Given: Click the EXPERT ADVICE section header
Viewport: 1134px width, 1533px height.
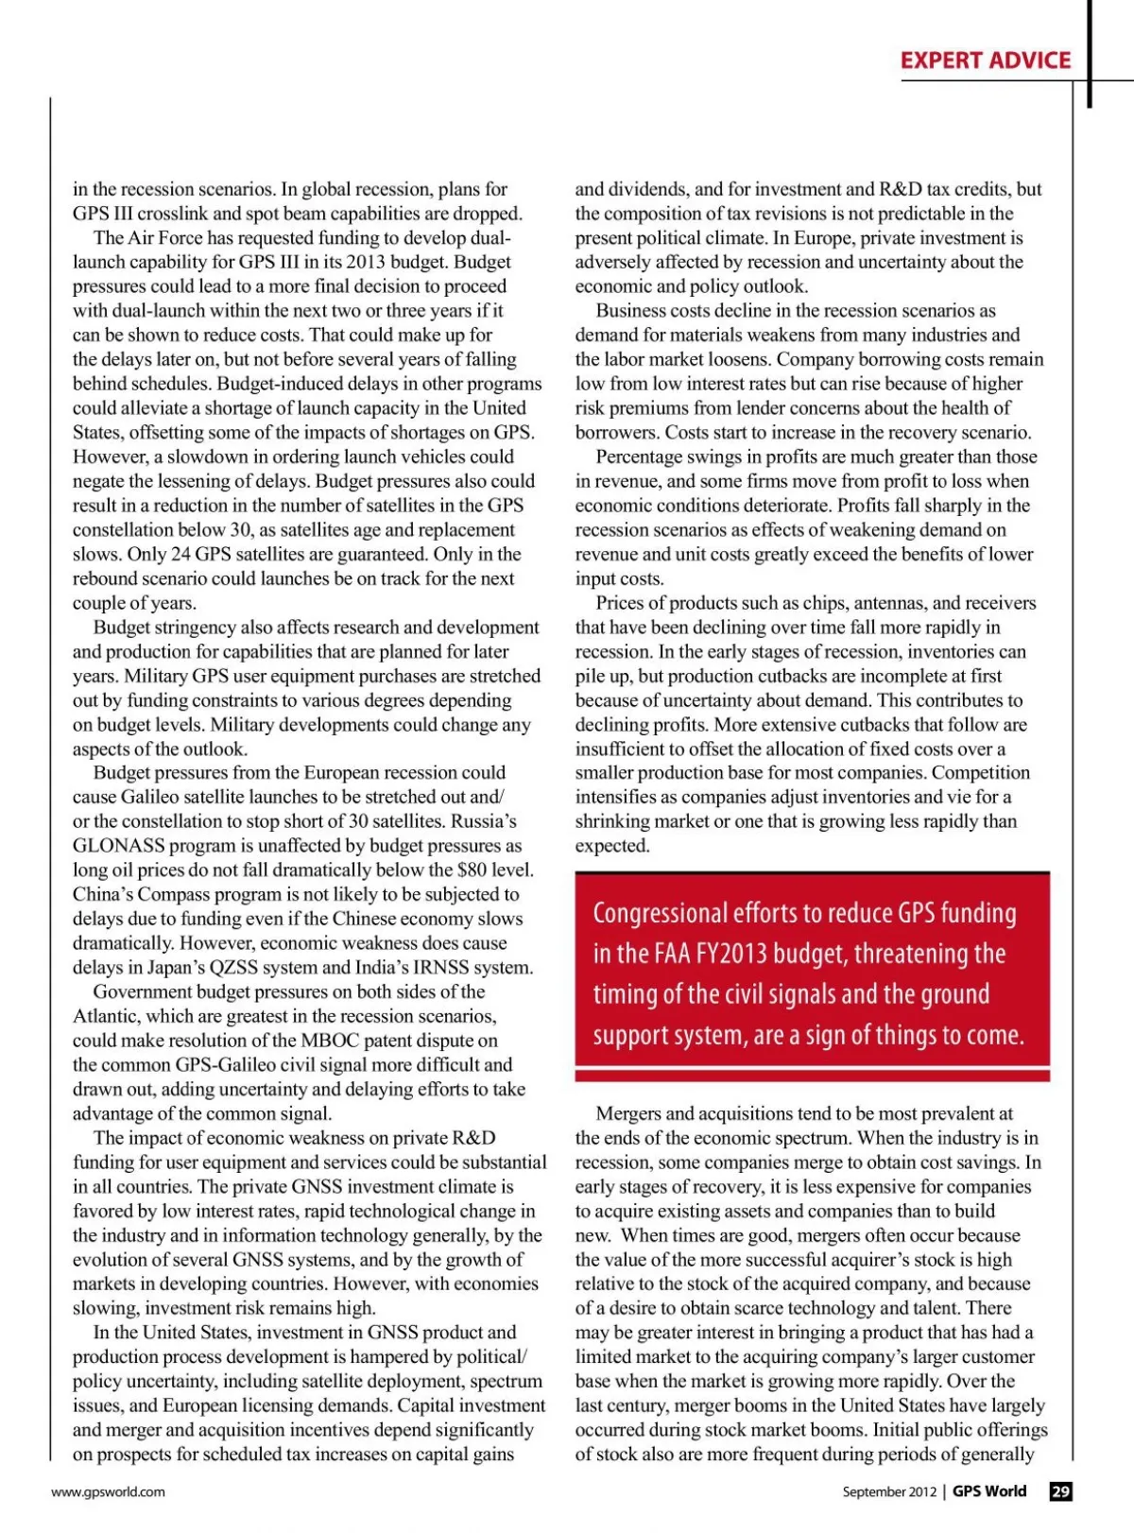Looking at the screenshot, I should [x=985, y=60].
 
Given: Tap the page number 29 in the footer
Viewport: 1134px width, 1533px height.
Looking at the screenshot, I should [x=1060, y=1491].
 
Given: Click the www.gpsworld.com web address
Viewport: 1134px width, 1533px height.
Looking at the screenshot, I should [x=108, y=1492].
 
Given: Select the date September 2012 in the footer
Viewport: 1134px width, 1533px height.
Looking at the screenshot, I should [x=888, y=1492].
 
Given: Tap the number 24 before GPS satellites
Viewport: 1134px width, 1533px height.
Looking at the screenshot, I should [x=180, y=555].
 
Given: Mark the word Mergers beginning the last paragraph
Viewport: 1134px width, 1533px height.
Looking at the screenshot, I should [x=629, y=1114].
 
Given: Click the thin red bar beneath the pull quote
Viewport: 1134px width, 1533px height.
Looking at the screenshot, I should [x=812, y=1077].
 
